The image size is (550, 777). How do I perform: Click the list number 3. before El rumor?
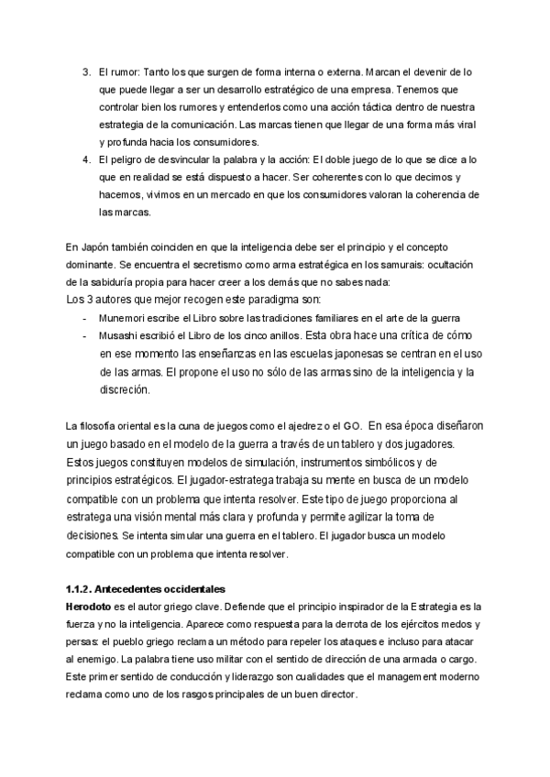(x=84, y=71)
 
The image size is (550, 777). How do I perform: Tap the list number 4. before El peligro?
(x=84, y=159)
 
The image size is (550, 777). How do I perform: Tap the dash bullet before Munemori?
(x=84, y=317)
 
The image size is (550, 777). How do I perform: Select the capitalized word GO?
(x=351, y=425)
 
